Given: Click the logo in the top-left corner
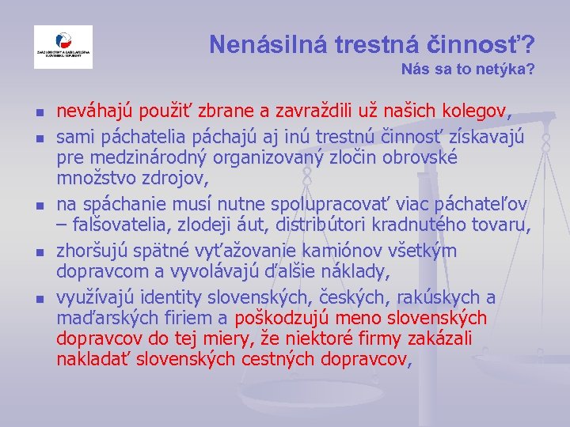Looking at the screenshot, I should (63, 47).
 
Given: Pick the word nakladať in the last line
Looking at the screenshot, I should (96, 360).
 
